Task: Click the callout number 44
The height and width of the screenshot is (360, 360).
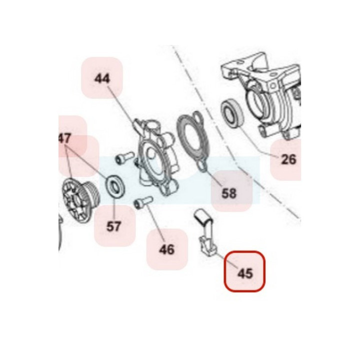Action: (102, 79)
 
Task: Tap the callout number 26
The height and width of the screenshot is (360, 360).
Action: (288, 159)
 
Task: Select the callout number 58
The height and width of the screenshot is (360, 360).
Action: (229, 193)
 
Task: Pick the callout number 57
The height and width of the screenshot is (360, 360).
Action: (113, 226)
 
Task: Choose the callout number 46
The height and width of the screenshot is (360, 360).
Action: (166, 249)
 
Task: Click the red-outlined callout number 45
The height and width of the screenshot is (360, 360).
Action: (245, 273)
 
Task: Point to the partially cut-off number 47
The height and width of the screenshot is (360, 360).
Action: (64, 138)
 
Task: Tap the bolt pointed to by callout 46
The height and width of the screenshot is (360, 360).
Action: (143, 202)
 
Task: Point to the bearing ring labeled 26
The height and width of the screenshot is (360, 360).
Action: (232, 112)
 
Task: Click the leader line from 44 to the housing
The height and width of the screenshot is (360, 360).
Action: (122, 107)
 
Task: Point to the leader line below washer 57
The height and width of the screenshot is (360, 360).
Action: (114, 207)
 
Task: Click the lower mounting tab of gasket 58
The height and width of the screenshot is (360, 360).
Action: (202, 166)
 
